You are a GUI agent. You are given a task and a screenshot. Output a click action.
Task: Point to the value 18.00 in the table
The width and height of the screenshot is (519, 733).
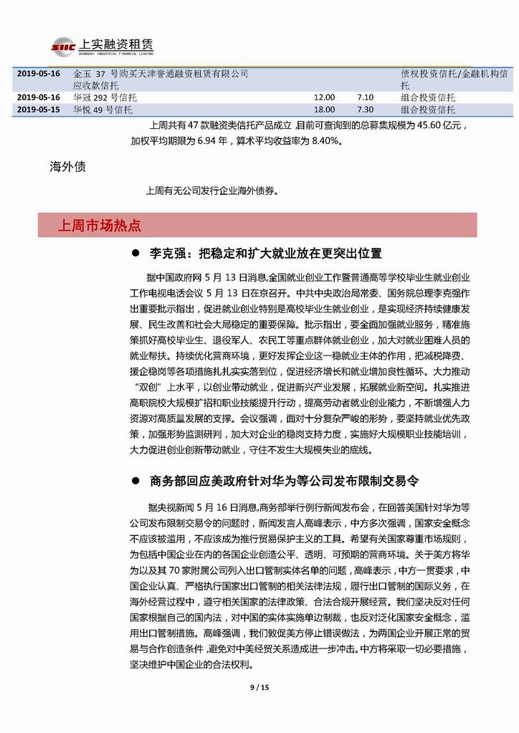tap(324, 110)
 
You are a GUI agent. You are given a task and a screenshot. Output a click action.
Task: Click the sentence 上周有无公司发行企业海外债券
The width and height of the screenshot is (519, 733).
tap(211, 191)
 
